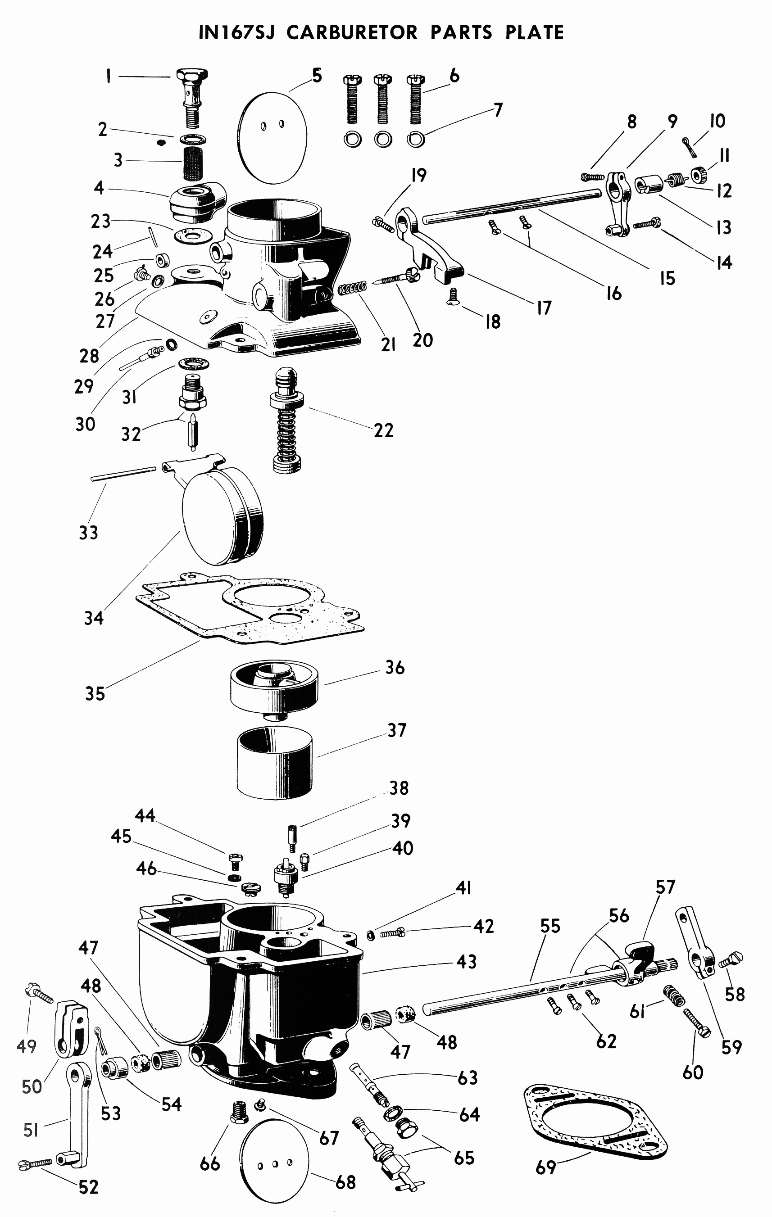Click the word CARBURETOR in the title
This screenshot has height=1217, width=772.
coord(352,32)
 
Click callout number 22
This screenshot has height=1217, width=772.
coord(384,430)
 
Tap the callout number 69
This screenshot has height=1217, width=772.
coord(546,1167)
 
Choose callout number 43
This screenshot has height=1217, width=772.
coord(467,962)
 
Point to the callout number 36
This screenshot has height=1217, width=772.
coord(395,667)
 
